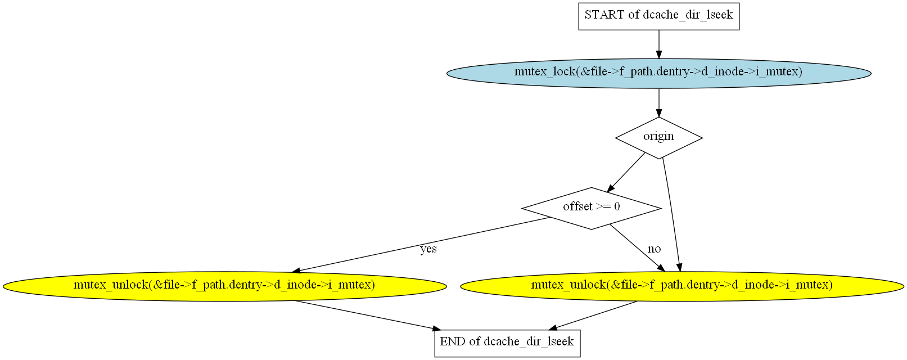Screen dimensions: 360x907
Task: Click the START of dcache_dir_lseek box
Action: [x=658, y=16]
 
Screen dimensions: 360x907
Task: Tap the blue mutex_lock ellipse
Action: [x=658, y=73]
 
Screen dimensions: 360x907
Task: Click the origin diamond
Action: [x=658, y=137]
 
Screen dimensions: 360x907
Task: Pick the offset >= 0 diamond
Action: [x=591, y=208]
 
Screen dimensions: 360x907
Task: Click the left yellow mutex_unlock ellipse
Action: [x=224, y=286]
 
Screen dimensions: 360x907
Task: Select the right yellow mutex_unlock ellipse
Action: [x=682, y=286]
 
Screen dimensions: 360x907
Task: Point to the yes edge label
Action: [x=428, y=249]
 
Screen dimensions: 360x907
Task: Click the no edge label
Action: [x=654, y=249]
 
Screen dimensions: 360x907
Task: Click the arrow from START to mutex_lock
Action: [x=658, y=44]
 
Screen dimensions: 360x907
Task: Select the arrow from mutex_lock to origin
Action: [x=658, y=102]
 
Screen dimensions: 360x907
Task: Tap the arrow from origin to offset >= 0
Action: [x=626, y=173]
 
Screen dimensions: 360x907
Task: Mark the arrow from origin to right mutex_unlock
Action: [x=671, y=214]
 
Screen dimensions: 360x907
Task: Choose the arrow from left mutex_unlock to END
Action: [x=365, y=315]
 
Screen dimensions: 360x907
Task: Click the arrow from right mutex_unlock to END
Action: [x=595, y=315]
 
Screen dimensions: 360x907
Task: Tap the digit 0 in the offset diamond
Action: [x=617, y=207]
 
